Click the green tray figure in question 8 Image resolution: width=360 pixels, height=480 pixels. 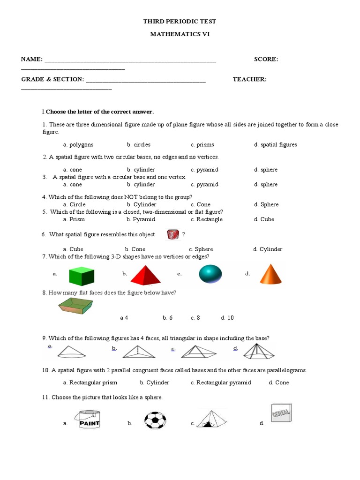point(76,307)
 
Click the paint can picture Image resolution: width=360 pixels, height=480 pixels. point(88,417)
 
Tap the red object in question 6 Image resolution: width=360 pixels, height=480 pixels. point(173,235)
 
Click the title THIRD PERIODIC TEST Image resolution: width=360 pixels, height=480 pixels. point(180,22)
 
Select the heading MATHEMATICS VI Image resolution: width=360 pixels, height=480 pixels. point(180,34)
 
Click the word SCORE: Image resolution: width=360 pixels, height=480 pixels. point(266,59)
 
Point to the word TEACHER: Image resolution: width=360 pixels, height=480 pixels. point(249,79)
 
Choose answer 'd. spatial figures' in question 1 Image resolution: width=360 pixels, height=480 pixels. point(276,145)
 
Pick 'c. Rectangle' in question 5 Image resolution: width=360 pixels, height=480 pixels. point(207,219)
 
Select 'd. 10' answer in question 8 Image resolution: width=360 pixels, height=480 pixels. point(227,318)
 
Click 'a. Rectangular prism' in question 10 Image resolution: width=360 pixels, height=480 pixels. point(90,382)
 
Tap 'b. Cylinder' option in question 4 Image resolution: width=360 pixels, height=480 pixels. point(142,204)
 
